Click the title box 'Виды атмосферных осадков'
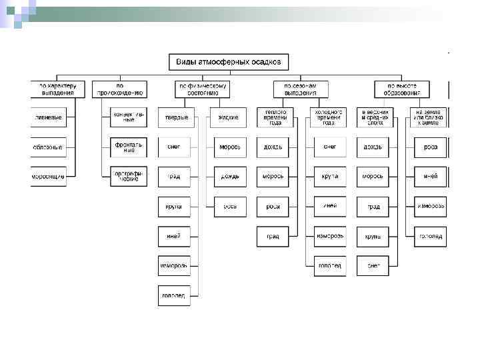tap(228, 62)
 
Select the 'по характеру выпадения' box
tap(58, 89)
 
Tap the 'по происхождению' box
tap(119, 89)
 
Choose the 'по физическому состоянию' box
tap(202, 89)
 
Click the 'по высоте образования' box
tap(401, 89)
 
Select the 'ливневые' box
tap(49, 117)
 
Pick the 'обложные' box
tap(49, 147)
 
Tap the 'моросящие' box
tap(49, 177)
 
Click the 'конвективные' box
tap(129, 117)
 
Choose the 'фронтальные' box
tap(129, 147)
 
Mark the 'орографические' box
tap(129, 177)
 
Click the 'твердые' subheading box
tap(174, 117)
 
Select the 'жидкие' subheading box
tap(230, 117)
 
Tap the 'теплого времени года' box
tap(273, 117)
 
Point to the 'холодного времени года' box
tap(330, 117)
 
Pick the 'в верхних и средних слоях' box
tap(373, 117)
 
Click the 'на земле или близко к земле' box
tap(430, 117)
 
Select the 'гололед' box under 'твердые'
tap(174, 295)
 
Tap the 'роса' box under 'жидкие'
tap(230, 207)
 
